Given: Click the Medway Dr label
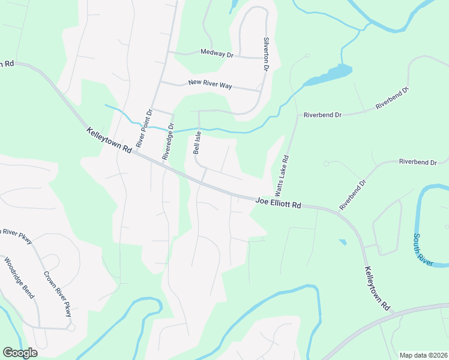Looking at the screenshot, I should [x=217, y=54].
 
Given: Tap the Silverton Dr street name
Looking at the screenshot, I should [x=266, y=54].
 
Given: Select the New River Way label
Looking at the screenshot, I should [x=210, y=85].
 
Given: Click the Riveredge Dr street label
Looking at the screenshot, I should [x=167, y=141].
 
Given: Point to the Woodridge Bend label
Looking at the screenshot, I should [x=20, y=278].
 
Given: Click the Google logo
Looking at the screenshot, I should [x=20, y=352].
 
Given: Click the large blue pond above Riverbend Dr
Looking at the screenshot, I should [x=330, y=75].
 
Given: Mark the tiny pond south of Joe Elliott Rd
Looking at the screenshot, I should [x=342, y=242].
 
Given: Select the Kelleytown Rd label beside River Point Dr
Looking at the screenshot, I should [x=109, y=140].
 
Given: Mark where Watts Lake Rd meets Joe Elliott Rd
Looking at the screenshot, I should [x=271, y=199].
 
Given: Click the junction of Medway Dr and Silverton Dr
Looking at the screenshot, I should [x=265, y=58].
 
